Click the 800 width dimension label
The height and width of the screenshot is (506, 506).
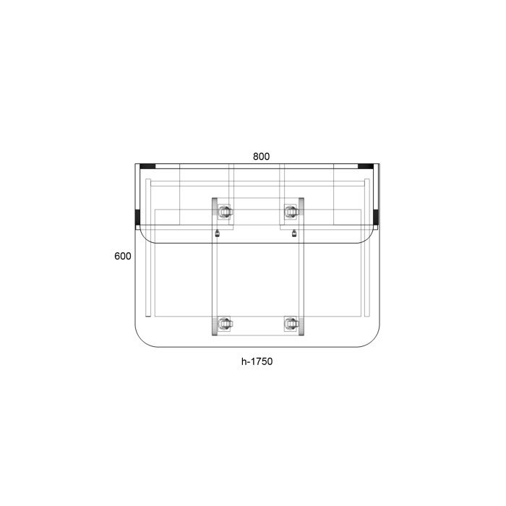pos(261,157)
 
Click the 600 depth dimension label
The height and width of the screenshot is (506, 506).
pos(123,256)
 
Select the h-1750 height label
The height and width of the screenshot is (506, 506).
pos(257,361)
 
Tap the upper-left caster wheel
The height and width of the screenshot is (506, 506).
pos(225,212)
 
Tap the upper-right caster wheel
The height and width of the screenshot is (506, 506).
pos(291,212)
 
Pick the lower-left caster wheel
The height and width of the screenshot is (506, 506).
pos(225,323)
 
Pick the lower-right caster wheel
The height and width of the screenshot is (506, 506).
pos(291,323)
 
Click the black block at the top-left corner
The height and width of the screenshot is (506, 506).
pos(147,166)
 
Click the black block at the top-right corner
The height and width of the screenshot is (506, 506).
pos(366,166)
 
